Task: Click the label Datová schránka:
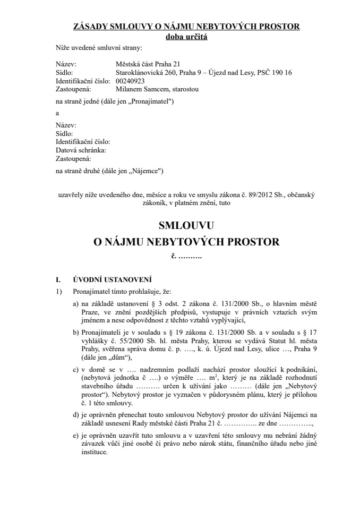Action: [81, 150]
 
